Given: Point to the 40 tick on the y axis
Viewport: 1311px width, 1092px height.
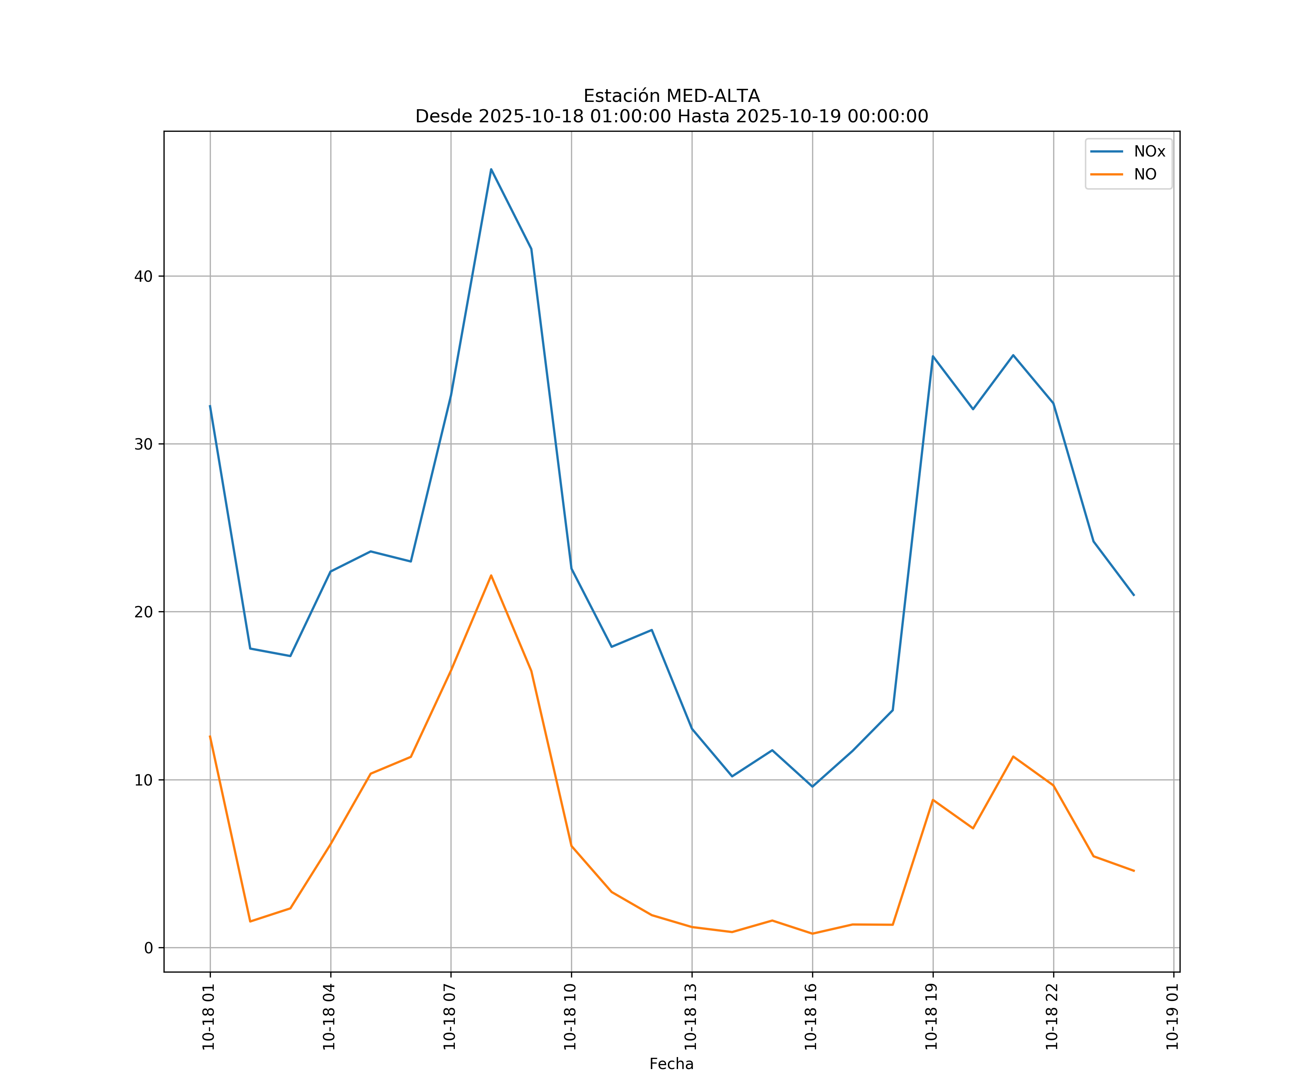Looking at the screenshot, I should click(x=143, y=276).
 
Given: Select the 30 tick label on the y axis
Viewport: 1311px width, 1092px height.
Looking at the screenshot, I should click(x=143, y=444).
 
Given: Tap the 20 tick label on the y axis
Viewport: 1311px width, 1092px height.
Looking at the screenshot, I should click(x=143, y=612).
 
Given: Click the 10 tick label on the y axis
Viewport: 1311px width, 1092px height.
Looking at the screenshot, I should click(x=143, y=780).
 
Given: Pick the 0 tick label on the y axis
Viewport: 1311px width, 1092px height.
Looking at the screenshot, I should click(x=149, y=948).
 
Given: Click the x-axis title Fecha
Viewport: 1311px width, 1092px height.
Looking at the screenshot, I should click(x=671, y=1064).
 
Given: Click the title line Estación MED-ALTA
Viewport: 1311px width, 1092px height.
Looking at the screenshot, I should click(x=671, y=96).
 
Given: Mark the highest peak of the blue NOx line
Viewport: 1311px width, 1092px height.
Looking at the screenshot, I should click(x=491, y=169).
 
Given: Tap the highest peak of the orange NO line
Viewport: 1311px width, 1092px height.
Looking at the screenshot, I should click(x=491, y=575).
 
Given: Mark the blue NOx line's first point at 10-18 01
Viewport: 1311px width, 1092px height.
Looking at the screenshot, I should click(x=210, y=405).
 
